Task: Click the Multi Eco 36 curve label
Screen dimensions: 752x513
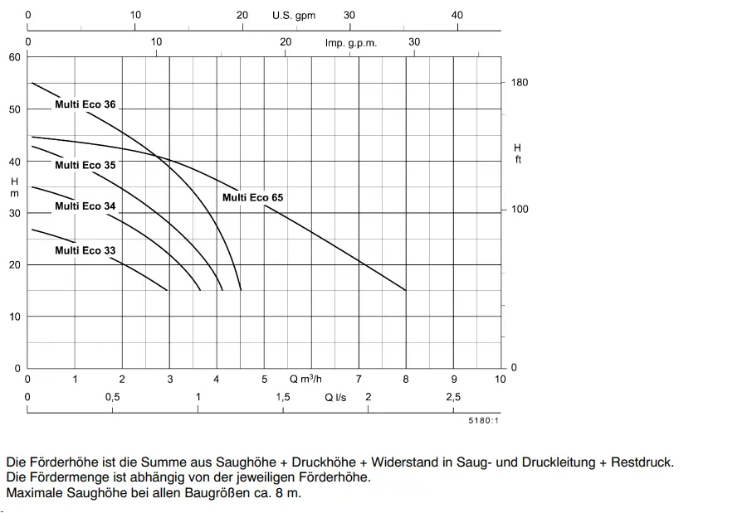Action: coord(85,104)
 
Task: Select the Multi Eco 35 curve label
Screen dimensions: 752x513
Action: coord(85,165)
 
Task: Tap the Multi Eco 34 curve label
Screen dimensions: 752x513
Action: coord(85,206)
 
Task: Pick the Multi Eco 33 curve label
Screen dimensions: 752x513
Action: coord(85,250)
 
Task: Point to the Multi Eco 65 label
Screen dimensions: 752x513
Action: coord(253,197)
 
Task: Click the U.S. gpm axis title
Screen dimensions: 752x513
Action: coord(294,15)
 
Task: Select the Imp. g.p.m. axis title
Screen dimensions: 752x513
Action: coord(350,43)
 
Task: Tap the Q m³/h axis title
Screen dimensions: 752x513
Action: coord(305,379)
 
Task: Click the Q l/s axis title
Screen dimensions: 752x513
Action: coord(335,397)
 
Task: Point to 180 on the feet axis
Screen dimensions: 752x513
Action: coord(520,82)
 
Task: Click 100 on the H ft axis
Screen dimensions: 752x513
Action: coord(520,210)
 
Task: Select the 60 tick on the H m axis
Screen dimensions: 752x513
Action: coord(15,57)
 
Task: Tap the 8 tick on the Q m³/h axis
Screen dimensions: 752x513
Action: coord(406,380)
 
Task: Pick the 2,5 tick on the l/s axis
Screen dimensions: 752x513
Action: coord(453,397)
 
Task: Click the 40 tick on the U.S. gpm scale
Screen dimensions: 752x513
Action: coord(457,15)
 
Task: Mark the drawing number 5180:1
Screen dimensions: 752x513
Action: coord(483,420)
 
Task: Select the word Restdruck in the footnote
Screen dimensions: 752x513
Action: coord(642,462)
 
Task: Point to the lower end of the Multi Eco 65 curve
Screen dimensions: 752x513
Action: coord(406,290)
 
